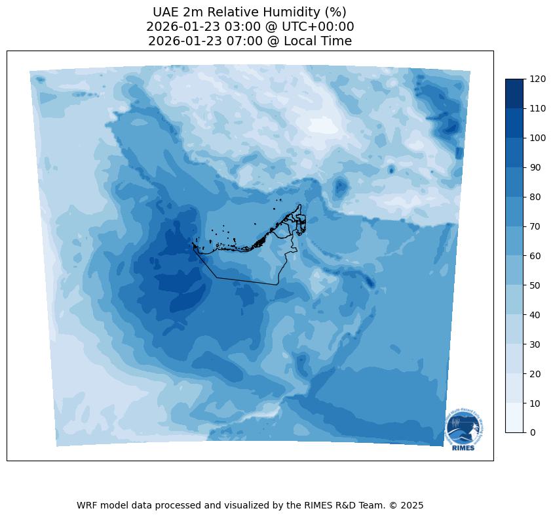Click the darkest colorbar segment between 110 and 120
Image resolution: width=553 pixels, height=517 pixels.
[x=515, y=93]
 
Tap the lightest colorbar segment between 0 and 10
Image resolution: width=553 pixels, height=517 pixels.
[x=515, y=417]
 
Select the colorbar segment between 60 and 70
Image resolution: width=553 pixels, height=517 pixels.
[x=515, y=241]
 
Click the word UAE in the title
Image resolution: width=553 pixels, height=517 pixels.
[x=166, y=12]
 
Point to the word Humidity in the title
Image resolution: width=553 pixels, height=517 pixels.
[x=283, y=12]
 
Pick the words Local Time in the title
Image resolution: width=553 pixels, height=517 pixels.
[x=318, y=41]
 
